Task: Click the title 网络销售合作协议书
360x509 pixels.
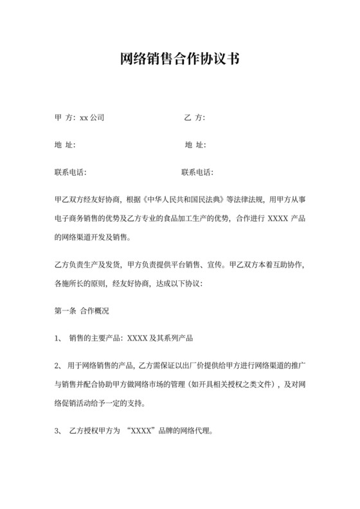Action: click(179, 60)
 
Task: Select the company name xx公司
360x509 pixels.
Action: click(92, 118)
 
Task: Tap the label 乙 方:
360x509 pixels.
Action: click(194, 118)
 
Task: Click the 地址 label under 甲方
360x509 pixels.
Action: click(65, 145)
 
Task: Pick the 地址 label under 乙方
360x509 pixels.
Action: click(194, 145)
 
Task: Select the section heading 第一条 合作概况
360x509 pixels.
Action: click(82, 310)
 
